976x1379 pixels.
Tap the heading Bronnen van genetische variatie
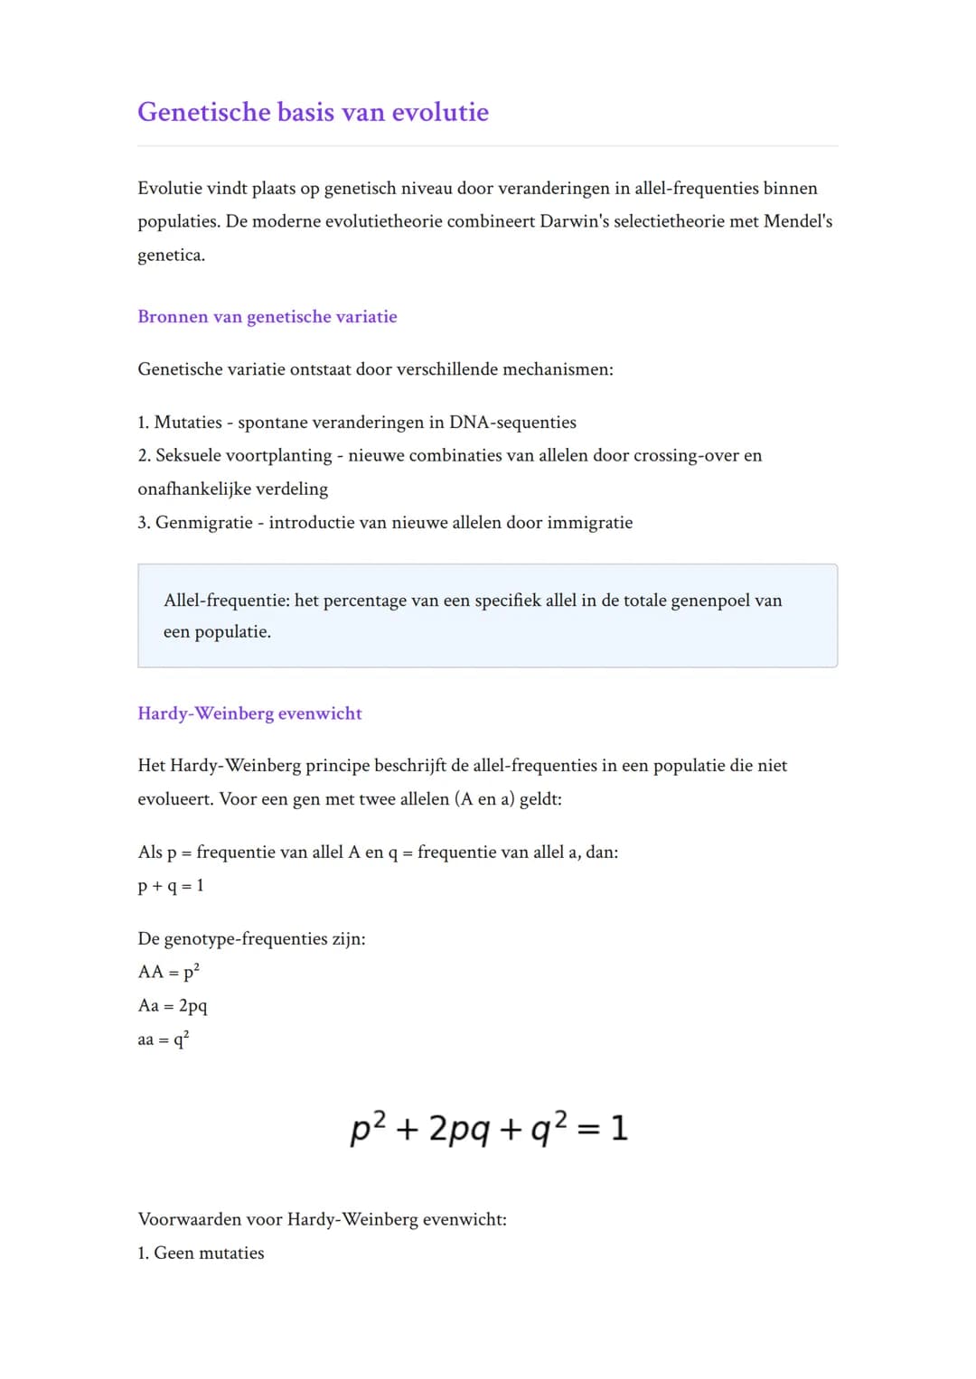coord(267,317)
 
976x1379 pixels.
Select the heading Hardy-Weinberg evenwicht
coord(249,713)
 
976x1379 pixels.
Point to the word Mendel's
coord(798,221)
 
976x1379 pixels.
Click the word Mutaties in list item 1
coord(188,423)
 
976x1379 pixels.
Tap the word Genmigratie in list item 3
coord(204,523)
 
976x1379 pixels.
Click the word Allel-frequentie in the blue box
coord(226,601)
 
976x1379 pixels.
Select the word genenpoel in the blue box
coord(710,601)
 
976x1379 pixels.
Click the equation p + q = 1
coord(171,886)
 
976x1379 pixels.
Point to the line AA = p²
coord(169,973)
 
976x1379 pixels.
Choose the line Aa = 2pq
coord(173,1006)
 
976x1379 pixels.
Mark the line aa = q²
coord(164,1039)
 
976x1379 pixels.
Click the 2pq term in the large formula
coord(459,1129)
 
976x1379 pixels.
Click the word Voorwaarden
coord(189,1220)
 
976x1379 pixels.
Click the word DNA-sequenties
coord(512,423)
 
